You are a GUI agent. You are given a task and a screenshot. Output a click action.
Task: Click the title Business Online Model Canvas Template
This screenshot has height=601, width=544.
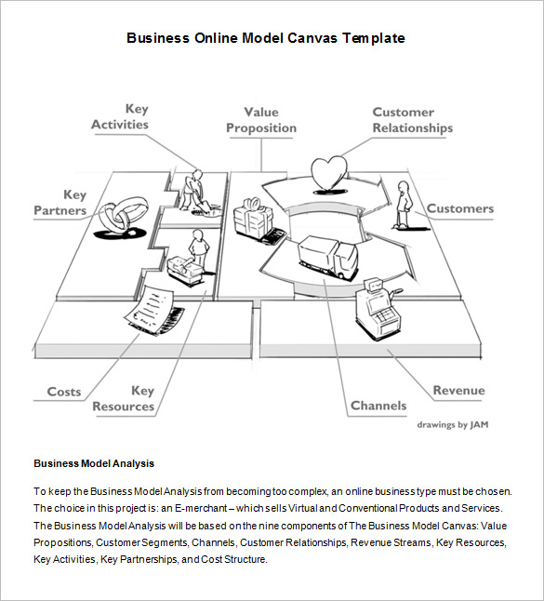pos(265,38)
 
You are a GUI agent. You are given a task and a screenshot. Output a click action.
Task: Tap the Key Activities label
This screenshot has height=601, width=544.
pos(120,117)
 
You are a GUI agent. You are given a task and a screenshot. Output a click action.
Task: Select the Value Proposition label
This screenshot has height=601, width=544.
pos(261,121)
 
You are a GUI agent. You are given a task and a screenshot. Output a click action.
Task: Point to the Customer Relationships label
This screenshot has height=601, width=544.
pos(412,120)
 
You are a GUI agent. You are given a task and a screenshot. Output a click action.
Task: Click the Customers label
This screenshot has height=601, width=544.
pos(459,208)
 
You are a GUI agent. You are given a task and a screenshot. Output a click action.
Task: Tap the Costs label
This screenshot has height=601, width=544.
pos(64,392)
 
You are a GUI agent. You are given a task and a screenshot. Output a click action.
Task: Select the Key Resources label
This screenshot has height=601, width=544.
pos(124,399)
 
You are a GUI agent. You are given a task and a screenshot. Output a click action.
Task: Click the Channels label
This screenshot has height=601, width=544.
pos(378,406)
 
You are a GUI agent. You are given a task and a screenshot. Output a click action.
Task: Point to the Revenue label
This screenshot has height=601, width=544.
pos(458,391)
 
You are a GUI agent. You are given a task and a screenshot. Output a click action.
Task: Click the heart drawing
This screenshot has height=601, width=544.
pos(327,172)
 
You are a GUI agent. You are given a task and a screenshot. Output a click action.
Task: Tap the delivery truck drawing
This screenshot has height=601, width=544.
pos(326,257)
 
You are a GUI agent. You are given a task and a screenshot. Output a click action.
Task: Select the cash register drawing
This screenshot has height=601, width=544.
pos(377,313)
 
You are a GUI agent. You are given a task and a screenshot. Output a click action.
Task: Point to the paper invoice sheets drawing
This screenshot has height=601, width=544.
pos(153,312)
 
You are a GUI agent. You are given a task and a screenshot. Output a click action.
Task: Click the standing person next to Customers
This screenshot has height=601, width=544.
pos(403,205)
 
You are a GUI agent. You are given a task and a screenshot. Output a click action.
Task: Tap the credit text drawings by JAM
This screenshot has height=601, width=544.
pos(452,425)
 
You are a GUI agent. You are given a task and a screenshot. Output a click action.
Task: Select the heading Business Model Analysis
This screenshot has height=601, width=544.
pos(94,463)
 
